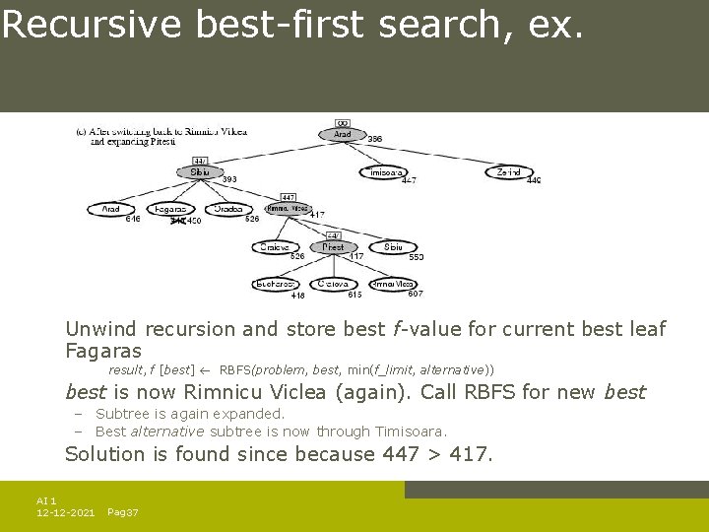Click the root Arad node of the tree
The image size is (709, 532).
(342, 134)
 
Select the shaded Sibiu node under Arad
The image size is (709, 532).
(200, 171)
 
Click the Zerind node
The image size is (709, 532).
(508, 171)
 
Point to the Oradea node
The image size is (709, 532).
(228, 209)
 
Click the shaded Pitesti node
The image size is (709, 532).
(333, 247)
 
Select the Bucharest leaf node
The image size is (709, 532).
(276, 284)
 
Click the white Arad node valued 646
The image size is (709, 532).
(110, 209)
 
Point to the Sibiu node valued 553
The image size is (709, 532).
(393, 247)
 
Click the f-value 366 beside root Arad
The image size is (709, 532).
(375, 140)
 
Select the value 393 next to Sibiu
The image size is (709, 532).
(228, 180)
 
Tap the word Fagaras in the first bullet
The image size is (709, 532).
(103, 351)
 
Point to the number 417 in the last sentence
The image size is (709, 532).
(473, 454)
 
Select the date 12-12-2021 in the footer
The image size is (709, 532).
(66, 513)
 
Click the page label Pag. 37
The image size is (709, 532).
(123, 513)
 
